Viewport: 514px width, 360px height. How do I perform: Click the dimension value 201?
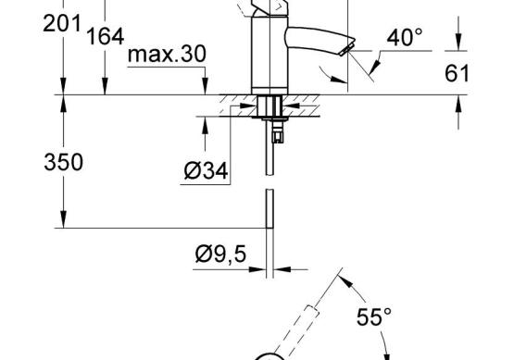pyautogui.click(x=62, y=23)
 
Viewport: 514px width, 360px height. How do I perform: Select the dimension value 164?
pyautogui.click(x=106, y=36)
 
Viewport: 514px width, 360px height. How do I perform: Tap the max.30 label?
pyautogui.click(x=167, y=54)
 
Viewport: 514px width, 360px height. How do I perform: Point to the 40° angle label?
pyautogui.click(x=405, y=37)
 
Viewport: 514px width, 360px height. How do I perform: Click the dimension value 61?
pyautogui.click(x=457, y=73)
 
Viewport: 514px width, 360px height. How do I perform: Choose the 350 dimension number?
pyautogui.click(x=63, y=162)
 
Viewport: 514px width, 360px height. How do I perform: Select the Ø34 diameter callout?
pyautogui.click(x=206, y=170)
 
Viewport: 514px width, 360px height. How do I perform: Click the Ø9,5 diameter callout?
pyautogui.click(x=220, y=254)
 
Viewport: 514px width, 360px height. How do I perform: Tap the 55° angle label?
pyautogui.click(x=374, y=317)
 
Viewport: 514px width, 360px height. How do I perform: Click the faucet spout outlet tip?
pyautogui.click(x=347, y=47)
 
